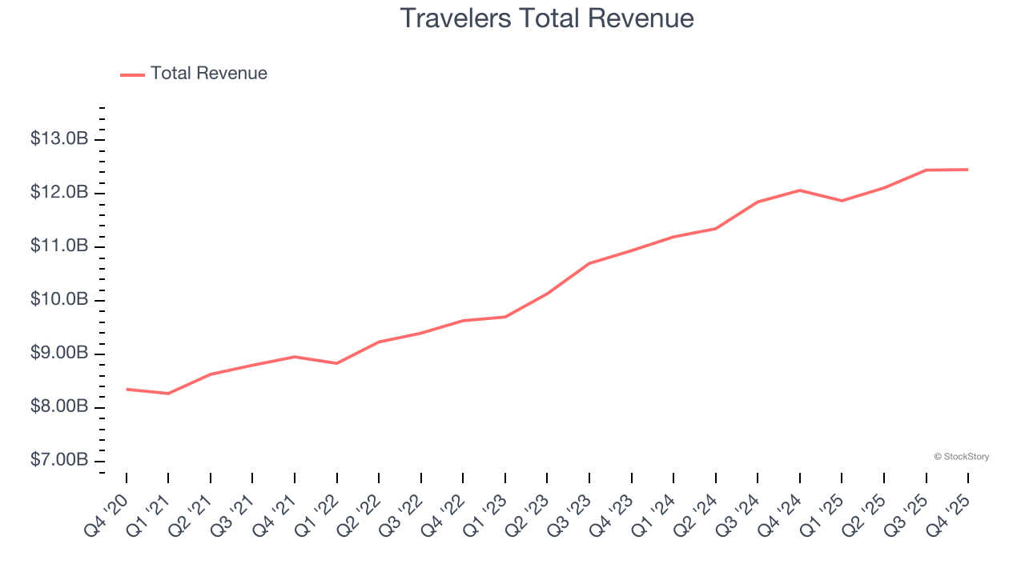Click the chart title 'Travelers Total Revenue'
546,18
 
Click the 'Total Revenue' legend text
208,74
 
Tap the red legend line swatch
132,74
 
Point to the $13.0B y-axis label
59,139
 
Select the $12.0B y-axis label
59,193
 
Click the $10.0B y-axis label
59,300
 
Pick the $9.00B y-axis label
59,354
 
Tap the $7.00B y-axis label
59,461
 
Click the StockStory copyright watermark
961,457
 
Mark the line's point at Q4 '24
800,190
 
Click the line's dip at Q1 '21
168,394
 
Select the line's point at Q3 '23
589,263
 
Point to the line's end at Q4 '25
968,170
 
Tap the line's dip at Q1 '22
336,363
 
